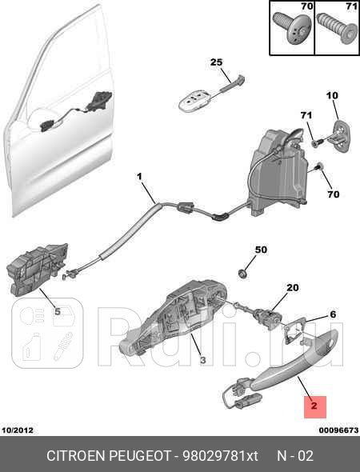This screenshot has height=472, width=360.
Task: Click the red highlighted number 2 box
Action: pos(315,407)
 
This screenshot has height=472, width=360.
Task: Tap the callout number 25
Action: pos(216,62)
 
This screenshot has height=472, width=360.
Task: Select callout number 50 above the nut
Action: pos(261,250)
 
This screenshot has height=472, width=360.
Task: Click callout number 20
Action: pos(293,287)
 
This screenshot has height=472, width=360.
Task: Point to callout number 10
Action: pos(332,96)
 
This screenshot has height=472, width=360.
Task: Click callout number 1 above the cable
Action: pos(139,176)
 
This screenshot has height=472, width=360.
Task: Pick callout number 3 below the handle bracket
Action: pos(203,360)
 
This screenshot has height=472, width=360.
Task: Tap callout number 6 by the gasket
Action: pos(333,314)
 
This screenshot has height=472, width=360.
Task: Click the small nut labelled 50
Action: pos(242,274)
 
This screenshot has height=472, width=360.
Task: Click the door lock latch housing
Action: pos(278,171)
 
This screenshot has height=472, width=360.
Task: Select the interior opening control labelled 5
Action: pos(38,270)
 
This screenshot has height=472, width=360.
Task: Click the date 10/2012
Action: pos(18,430)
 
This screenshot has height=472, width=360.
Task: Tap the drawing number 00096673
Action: pos(338,430)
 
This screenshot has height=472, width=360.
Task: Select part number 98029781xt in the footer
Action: pos(220,456)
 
